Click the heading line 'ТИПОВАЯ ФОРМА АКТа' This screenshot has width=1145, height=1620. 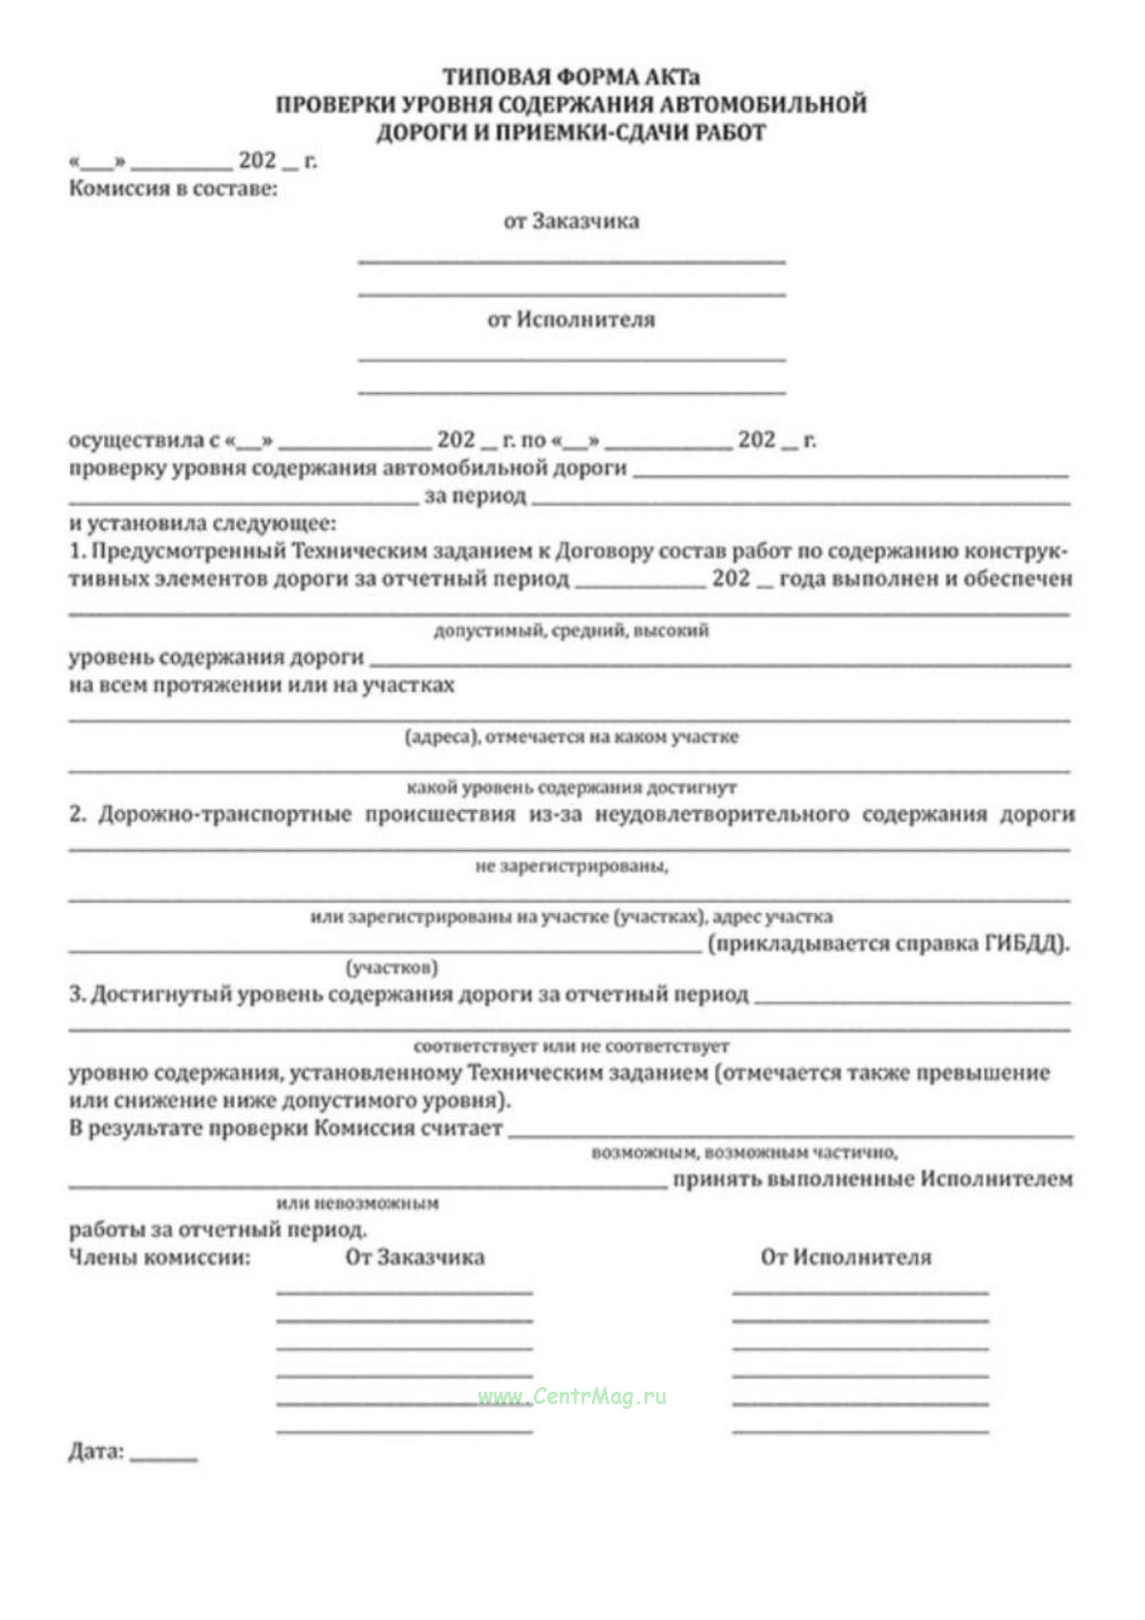[571, 76]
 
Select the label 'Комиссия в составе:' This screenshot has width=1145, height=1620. [173, 188]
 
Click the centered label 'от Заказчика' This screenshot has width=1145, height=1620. [571, 221]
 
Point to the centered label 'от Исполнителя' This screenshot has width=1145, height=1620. [571, 319]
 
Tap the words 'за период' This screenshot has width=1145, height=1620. [475, 496]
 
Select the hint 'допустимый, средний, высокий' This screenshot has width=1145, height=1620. [571, 630]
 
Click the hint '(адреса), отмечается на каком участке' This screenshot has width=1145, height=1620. [571, 736]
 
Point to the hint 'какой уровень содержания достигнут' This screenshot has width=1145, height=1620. [571, 787]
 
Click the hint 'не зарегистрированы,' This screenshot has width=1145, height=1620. [571, 866]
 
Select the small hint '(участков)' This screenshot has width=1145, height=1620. [392, 968]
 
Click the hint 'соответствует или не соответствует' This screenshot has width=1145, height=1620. [571, 1046]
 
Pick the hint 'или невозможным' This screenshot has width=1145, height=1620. [357, 1203]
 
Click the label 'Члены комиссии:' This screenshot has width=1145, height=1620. [159, 1257]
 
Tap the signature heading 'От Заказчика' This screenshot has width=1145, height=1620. [414, 1257]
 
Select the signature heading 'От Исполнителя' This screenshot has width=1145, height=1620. [845, 1257]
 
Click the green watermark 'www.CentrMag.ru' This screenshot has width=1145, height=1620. [571, 1396]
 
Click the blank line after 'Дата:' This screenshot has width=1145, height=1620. [163, 1457]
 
